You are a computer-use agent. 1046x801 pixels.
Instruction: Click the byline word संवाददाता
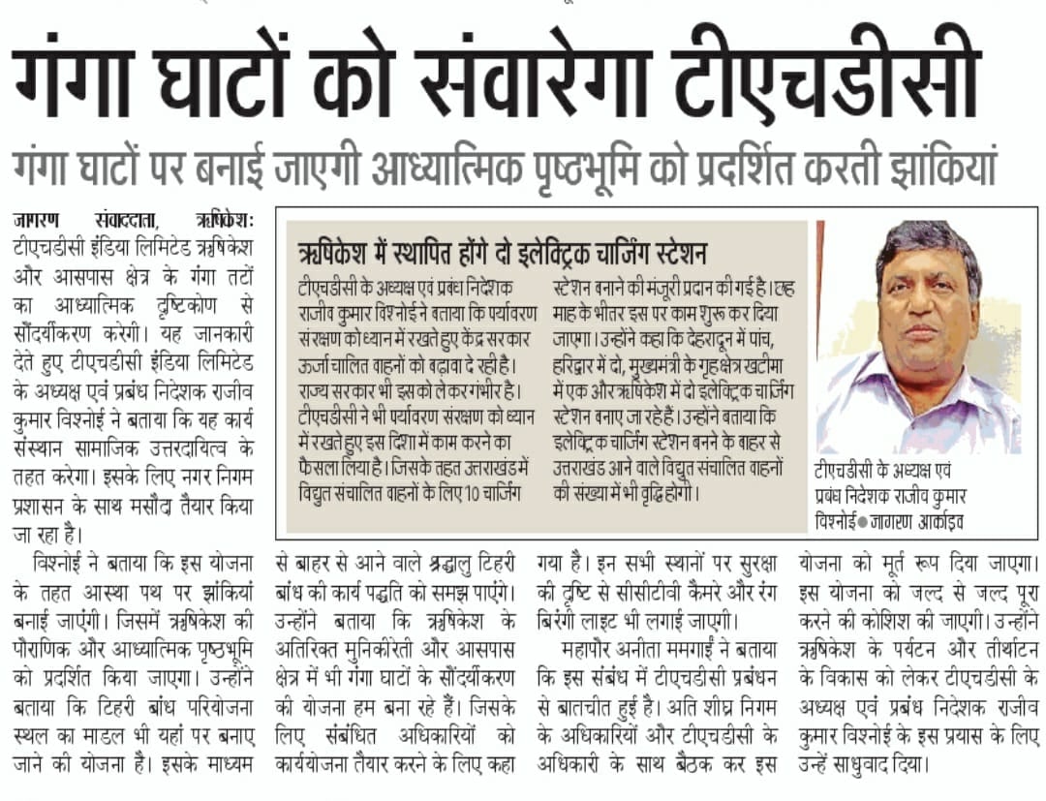[132, 217]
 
